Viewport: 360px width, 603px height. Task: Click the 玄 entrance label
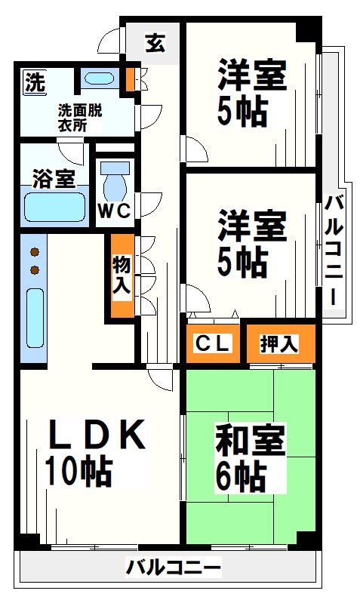click(155, 43)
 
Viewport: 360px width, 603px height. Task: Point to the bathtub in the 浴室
click(54, 205)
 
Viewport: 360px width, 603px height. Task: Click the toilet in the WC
click(115, 182)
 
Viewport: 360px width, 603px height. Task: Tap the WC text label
click(115, 212)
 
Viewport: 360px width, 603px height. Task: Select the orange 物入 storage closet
click(122, 275)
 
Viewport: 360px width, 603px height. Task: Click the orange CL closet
click(214, 344)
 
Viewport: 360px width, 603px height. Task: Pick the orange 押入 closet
click(279, 344)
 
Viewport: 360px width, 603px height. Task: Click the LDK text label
click(95, 435)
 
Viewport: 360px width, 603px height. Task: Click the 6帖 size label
click(240, 477)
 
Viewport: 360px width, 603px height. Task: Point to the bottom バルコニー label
click(174, 566)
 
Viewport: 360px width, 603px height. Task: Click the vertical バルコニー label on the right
click(335, 249)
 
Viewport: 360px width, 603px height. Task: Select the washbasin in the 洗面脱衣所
click(97, 78)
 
